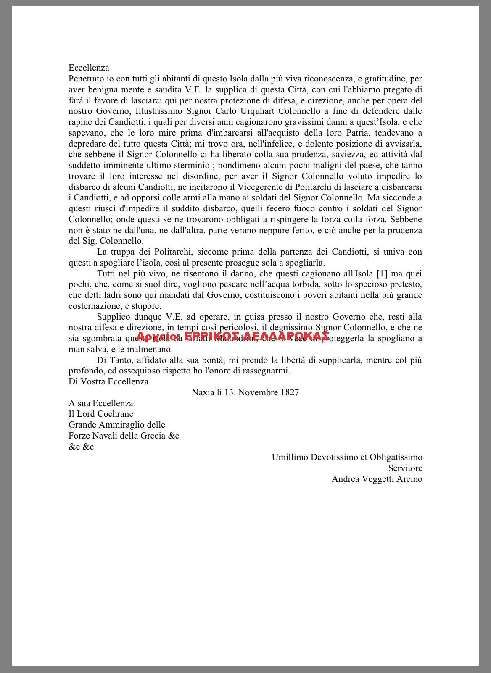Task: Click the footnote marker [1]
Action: point(382,273)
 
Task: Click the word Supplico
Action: point(112,317)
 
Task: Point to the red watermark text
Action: point(233,336)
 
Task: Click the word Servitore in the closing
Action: point(405,468)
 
